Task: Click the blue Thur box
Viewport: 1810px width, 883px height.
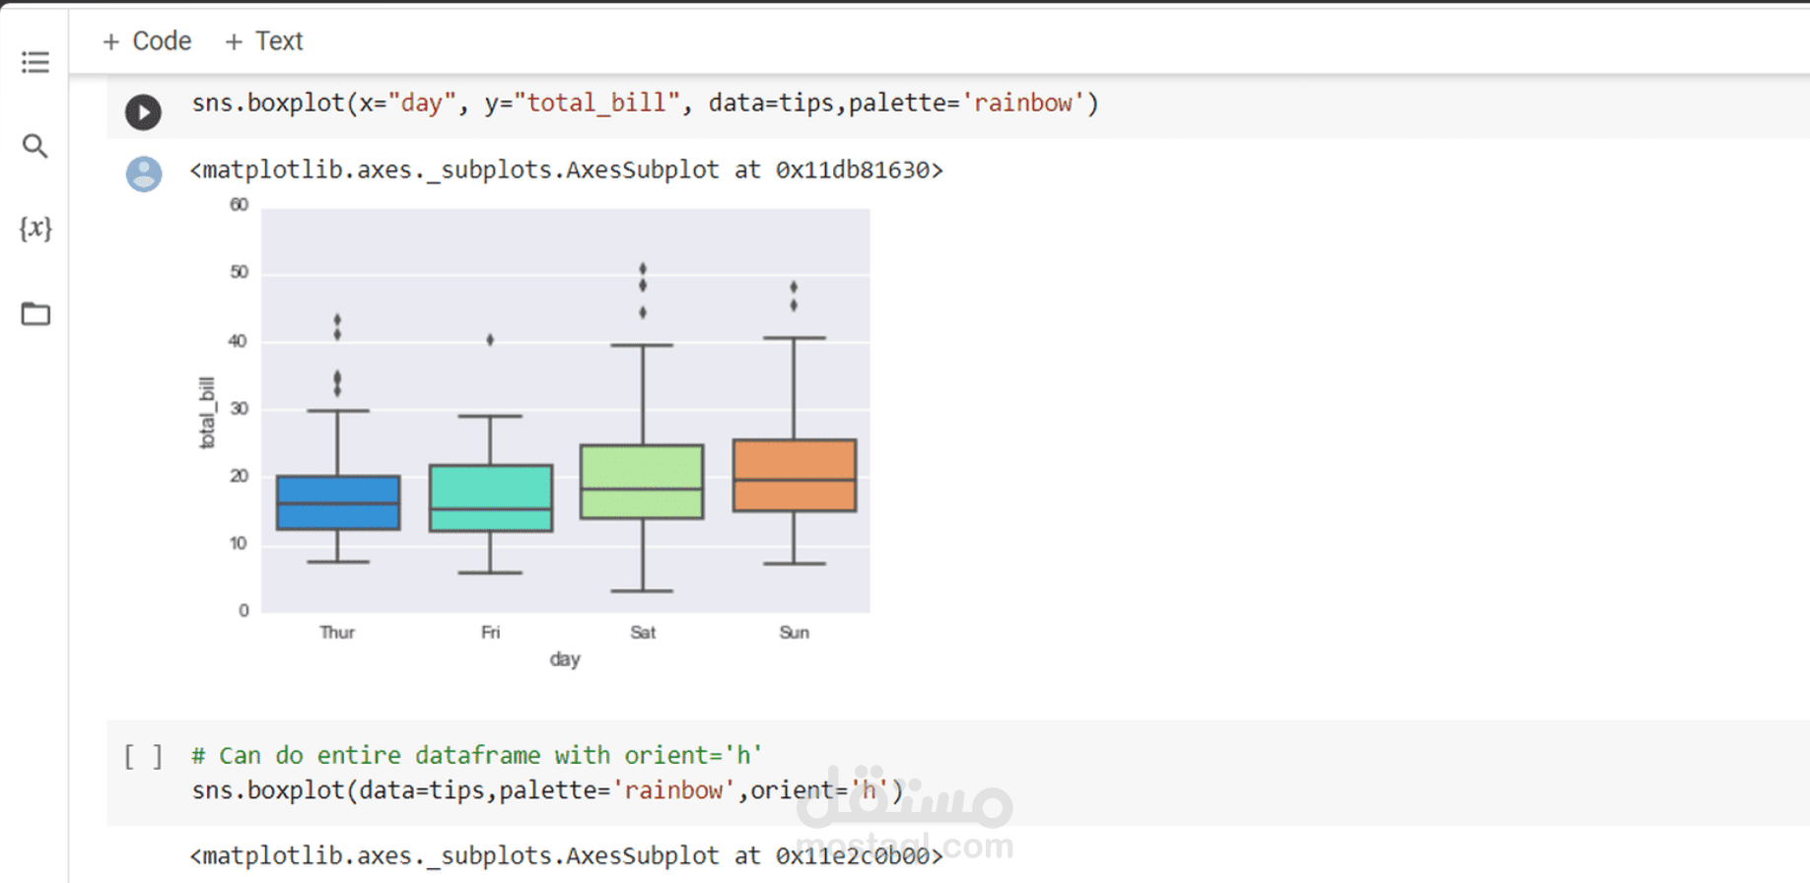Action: [338, 503]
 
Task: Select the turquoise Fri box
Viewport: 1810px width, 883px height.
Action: [491, 498]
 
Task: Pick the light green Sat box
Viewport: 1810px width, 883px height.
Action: [642, 481]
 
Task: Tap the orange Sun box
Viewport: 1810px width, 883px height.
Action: [795, 475]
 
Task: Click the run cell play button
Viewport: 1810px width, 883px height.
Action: [143, 111]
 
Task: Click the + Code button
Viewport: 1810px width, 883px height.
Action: [147, 41]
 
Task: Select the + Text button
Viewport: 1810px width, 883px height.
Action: [264, 41]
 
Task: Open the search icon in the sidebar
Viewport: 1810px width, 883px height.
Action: [35, 146]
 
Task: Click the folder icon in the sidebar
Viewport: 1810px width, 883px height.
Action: [35, 313]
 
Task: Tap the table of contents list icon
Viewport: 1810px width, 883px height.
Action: [35, 63]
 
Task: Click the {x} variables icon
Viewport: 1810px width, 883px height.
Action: [35, 229]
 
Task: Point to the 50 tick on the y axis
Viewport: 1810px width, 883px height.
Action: [239, 272]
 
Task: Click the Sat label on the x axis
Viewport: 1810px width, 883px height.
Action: [643, 633]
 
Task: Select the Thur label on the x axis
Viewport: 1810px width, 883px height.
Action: [337, 633]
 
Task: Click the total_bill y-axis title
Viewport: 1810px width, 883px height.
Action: [207, 413]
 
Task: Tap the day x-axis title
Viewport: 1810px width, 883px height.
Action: [565, 658]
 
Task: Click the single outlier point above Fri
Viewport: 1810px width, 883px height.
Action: [490, 340]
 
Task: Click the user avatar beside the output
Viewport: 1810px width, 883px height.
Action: [144, 173]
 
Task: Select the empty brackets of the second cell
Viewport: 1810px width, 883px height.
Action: [143, 757]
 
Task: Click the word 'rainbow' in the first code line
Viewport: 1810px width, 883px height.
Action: [1023, 103]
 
